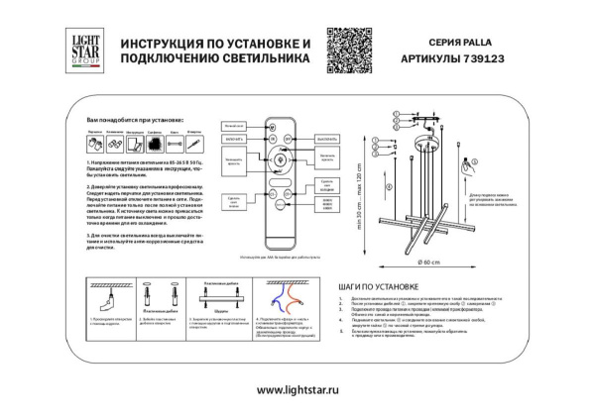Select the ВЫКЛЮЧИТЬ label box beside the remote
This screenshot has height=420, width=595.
pos(328,140)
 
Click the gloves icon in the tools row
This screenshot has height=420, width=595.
pos(94,145)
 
